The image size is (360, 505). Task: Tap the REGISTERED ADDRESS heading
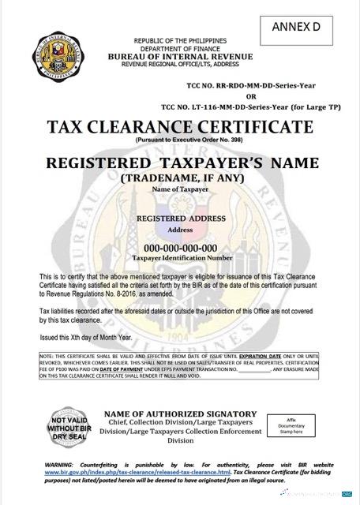click(x=181, y=218)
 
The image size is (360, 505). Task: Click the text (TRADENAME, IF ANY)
click(x=181, y=178)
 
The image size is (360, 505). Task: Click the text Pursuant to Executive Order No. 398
click(x=180, y=139)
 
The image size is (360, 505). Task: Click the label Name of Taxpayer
click(x=181, y=190)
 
